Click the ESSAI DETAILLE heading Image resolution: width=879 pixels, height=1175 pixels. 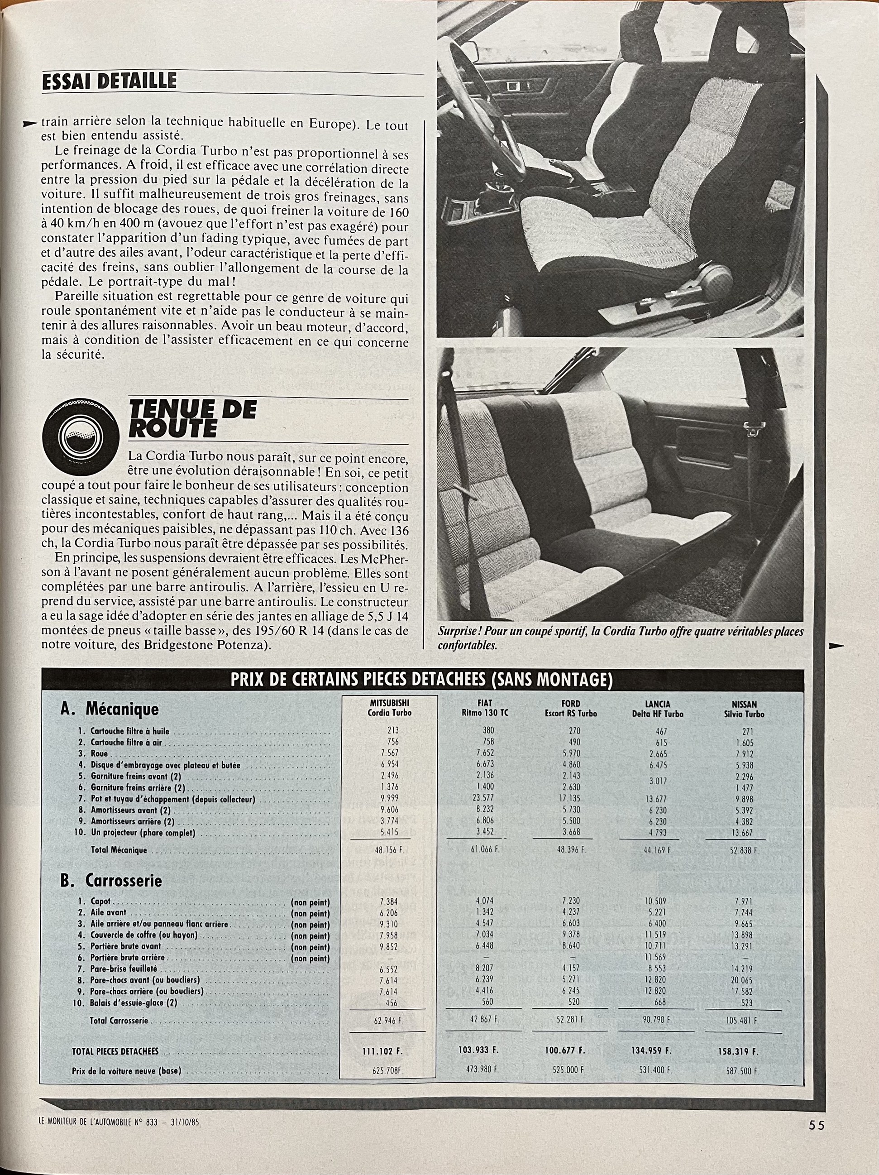click(x=109, y=81)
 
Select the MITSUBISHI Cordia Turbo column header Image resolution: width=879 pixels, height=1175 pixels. click(x=390, y=708)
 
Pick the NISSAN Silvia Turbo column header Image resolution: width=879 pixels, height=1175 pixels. click(x=744, y=709)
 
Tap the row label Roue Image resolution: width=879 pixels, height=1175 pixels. click(x=99, y=754)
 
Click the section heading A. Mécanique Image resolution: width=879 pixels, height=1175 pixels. click(x=110, y=709)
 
